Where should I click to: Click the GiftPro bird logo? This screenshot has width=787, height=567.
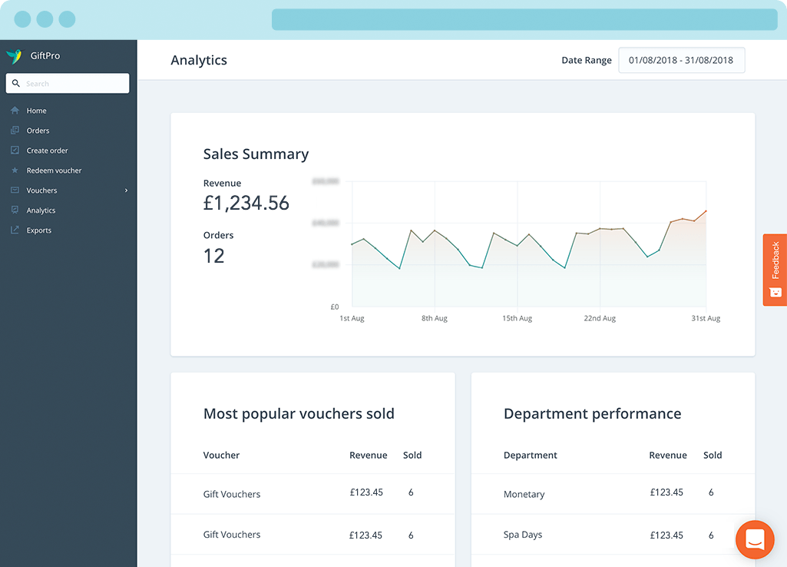[x=14, y=56]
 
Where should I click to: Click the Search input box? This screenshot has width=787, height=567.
[x=68, y=83]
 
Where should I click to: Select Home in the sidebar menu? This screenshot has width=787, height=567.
[x=36, y=111]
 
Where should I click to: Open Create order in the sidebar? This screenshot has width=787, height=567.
[x=47, y=151]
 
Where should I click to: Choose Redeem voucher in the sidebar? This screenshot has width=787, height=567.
[x=54, y=171]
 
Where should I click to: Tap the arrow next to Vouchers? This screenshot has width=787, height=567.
[x=126, y=191]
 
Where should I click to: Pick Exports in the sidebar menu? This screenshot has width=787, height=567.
[x=38, y=230]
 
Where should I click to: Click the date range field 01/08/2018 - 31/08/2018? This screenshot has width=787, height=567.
[x=681, y=60]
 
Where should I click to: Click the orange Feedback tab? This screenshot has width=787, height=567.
[x=775, y=270]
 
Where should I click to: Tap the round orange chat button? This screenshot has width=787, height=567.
[x=754, y=540]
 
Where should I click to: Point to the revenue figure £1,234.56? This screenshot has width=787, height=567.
[x=246, y=203]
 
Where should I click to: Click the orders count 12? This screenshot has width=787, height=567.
[x=213, y=256]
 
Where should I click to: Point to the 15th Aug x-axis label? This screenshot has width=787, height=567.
[x=517, y=318]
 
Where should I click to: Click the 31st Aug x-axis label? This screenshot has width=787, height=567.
[x=706, y=318]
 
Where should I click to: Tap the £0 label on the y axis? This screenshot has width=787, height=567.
[x=334, y=307]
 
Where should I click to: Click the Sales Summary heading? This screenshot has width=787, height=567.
[x=256, y=154]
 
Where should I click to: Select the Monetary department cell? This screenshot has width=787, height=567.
[x=524, y=494]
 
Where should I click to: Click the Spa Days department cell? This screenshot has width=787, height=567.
[x=522, y=535]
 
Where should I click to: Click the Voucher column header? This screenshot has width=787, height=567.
[x=221, y=455]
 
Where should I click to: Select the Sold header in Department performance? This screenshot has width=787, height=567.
[x=712, y=455]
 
